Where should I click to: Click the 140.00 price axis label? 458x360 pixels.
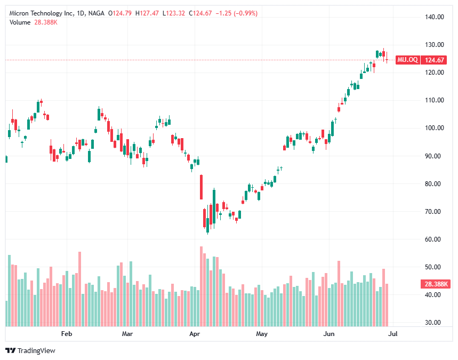point(435,17)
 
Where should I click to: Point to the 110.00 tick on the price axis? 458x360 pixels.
point(435,100)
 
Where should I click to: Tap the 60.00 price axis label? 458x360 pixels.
point(435,239)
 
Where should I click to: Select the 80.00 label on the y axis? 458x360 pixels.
point(435,184)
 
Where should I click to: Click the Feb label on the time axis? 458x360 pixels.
point(67,334)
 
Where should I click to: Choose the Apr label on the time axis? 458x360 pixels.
point(195,334)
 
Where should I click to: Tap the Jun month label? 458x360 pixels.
point(329,334)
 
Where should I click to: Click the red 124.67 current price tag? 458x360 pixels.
point(435,60)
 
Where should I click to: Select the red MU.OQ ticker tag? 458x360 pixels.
point(408,60)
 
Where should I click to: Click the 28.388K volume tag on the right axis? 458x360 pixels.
point(436,284)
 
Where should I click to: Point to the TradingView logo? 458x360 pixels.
point(30,350)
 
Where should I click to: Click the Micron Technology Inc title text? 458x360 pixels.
point(41,13)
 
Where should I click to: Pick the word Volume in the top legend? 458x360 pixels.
point(19,22)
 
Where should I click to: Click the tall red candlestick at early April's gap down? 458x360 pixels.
point(201,186)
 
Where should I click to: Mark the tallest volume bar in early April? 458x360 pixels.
point(201,286)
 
